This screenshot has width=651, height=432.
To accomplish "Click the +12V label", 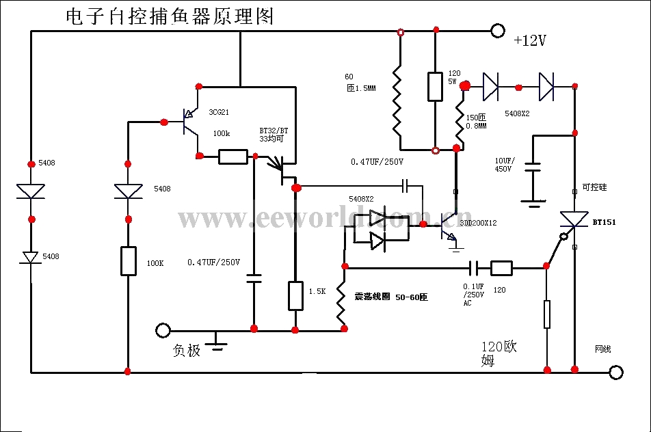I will tap(530, 41).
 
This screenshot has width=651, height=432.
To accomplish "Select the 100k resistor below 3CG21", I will tap(233, 157).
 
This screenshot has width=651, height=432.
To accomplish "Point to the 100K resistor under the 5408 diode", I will tap(129, 260).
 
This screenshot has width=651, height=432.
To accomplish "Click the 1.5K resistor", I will tap(295, 295).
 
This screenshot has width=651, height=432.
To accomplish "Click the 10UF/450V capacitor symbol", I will tap(533, 168).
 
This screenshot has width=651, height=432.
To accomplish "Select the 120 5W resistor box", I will tap(436, 86).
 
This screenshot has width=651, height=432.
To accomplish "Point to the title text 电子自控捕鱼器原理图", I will tap(170, 17).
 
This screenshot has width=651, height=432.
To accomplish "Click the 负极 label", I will tap(187, 351).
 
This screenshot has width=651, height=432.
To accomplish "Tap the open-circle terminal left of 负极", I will tap(163, 331).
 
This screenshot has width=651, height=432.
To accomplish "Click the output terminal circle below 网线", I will tap(616, 372).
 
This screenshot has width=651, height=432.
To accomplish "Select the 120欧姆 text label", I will tap(499, 353).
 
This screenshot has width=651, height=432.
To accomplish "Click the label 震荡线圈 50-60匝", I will tap(390, 297).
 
